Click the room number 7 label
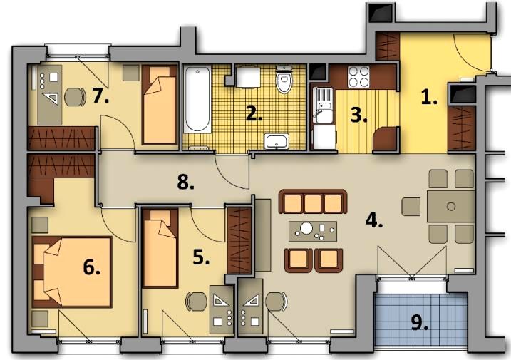(x=100, y=96)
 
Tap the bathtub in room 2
(x=197, y=100)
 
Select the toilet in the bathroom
(x=284, y=79)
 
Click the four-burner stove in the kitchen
(x=358, y=77)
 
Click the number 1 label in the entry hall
(x=429, y=97)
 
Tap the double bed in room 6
(x=72, y=272)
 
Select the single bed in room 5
(x=160, y=248)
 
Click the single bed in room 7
(x=160, y=104)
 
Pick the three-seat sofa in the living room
(x=313, y=202)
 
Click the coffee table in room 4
(x=313, y=231)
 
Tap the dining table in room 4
(x=450, y=207)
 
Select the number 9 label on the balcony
(x=420, y=323)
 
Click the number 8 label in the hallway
(x=185, y=182)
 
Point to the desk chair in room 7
(x=76, y=97)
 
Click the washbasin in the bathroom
(x=277, y=141)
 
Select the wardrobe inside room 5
(x=239, y=240)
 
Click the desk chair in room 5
(x=197, y=302)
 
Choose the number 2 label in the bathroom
(x=254, y=113)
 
